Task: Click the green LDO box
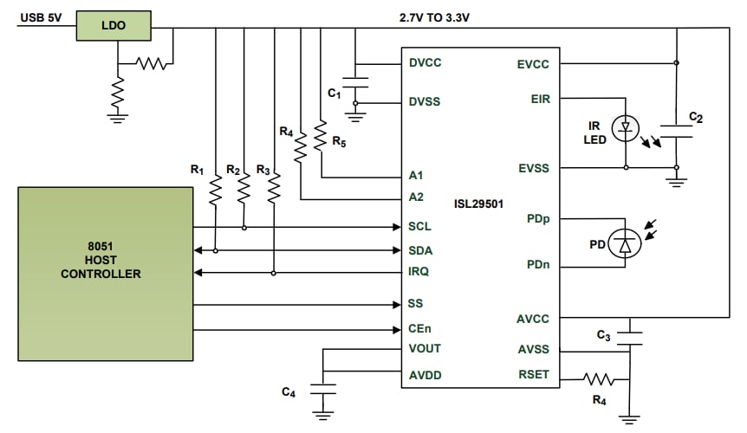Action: click(x=114, y=26)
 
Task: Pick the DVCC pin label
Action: click(x=425, y=63)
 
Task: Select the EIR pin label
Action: click(x=538, y=99)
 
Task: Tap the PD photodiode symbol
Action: click(x=624, y=244)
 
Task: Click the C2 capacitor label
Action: click(x=695, y=116)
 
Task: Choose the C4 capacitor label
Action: click(x=289, y=392)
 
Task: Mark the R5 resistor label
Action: click(x=339, y=143)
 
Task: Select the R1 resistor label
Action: click(x=197, y=169)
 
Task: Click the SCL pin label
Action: click(x=419, y=227)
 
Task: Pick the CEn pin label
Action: click(x=419, y=329)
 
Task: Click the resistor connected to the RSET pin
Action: click(x=599, y=378)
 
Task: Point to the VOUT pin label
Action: click(x=424, y=348)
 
